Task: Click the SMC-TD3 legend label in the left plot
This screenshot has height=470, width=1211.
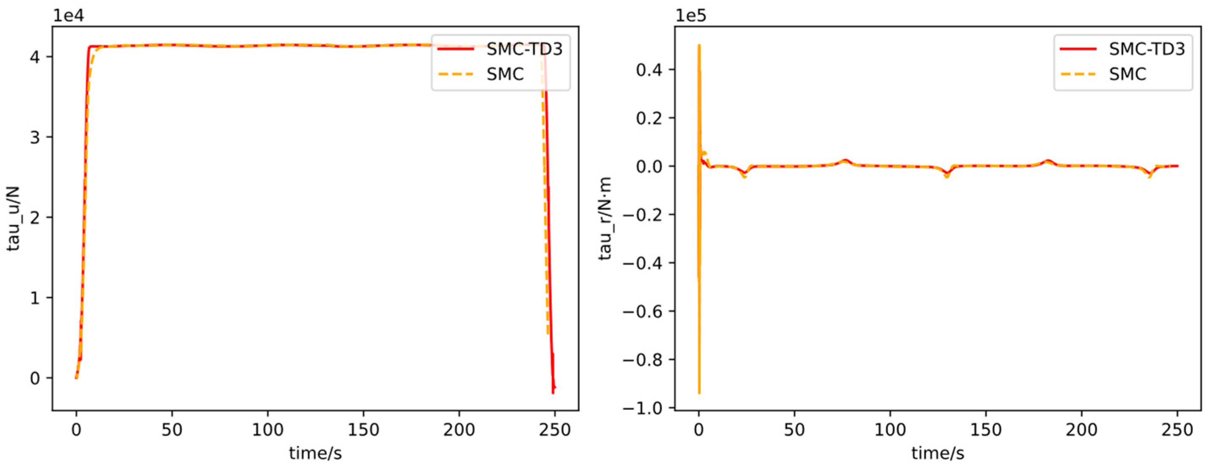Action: click(524, 49)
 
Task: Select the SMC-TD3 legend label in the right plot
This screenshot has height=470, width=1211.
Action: click(1147, 49)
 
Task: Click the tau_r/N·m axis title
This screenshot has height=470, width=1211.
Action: click(607, 218)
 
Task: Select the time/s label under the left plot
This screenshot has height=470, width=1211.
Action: click(315, 453)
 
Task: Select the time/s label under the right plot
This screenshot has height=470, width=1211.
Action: click(938, 453)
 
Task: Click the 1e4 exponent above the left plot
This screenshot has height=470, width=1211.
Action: click(69, 16)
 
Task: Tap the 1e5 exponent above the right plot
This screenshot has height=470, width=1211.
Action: click(691, 16)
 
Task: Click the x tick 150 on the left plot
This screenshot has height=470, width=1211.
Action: click(364, 429)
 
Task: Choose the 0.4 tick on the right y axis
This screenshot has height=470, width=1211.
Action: click(648, 69)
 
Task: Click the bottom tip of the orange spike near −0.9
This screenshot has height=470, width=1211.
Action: click(699, 393)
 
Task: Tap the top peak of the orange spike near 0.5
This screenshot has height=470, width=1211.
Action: click(699, 46)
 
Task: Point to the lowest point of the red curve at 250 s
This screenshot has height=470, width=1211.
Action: click(553, 393)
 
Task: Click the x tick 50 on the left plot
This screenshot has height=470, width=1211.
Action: click(172, 429)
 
